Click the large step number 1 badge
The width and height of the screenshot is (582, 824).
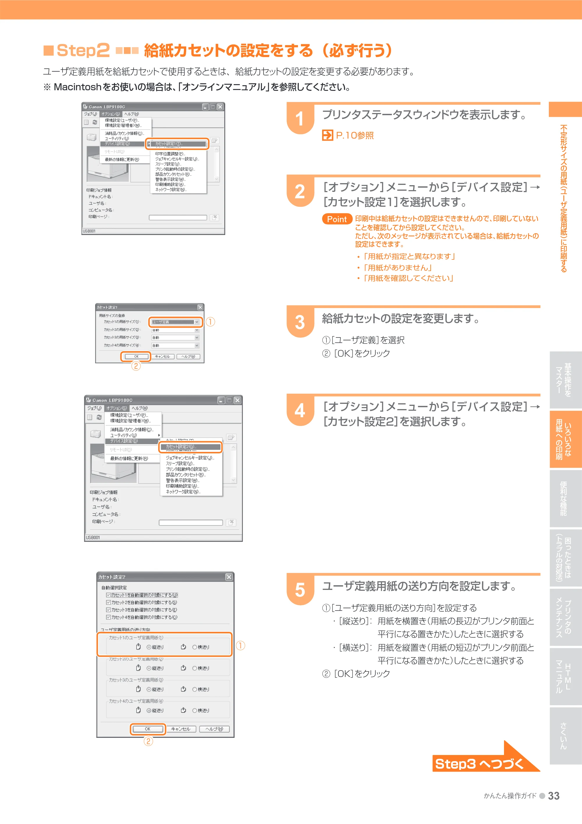click(x=300, y=119)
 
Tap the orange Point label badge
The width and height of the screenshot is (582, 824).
click(x=337, y=219)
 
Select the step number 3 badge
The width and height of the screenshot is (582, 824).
click(x=300, y=322)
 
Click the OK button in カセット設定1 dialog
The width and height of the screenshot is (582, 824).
click(x=136, y=356)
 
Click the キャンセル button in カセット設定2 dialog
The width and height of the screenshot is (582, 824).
click(x=181, y=729)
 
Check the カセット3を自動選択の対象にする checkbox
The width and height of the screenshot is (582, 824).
click(x=108, y=610)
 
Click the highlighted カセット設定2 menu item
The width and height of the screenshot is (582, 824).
click(x=190, y=447)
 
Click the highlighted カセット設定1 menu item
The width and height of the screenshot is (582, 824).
click(x=177, y=144)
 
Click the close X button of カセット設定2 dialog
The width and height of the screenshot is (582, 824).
click(x=229, y=577)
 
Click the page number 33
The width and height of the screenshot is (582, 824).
click(x=554, y=796)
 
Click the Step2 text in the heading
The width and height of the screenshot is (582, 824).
click(x=83, y=50)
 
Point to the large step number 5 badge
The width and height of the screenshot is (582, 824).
click(x=300, y=590)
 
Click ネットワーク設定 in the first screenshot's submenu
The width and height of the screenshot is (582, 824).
click(x=171, y=190)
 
